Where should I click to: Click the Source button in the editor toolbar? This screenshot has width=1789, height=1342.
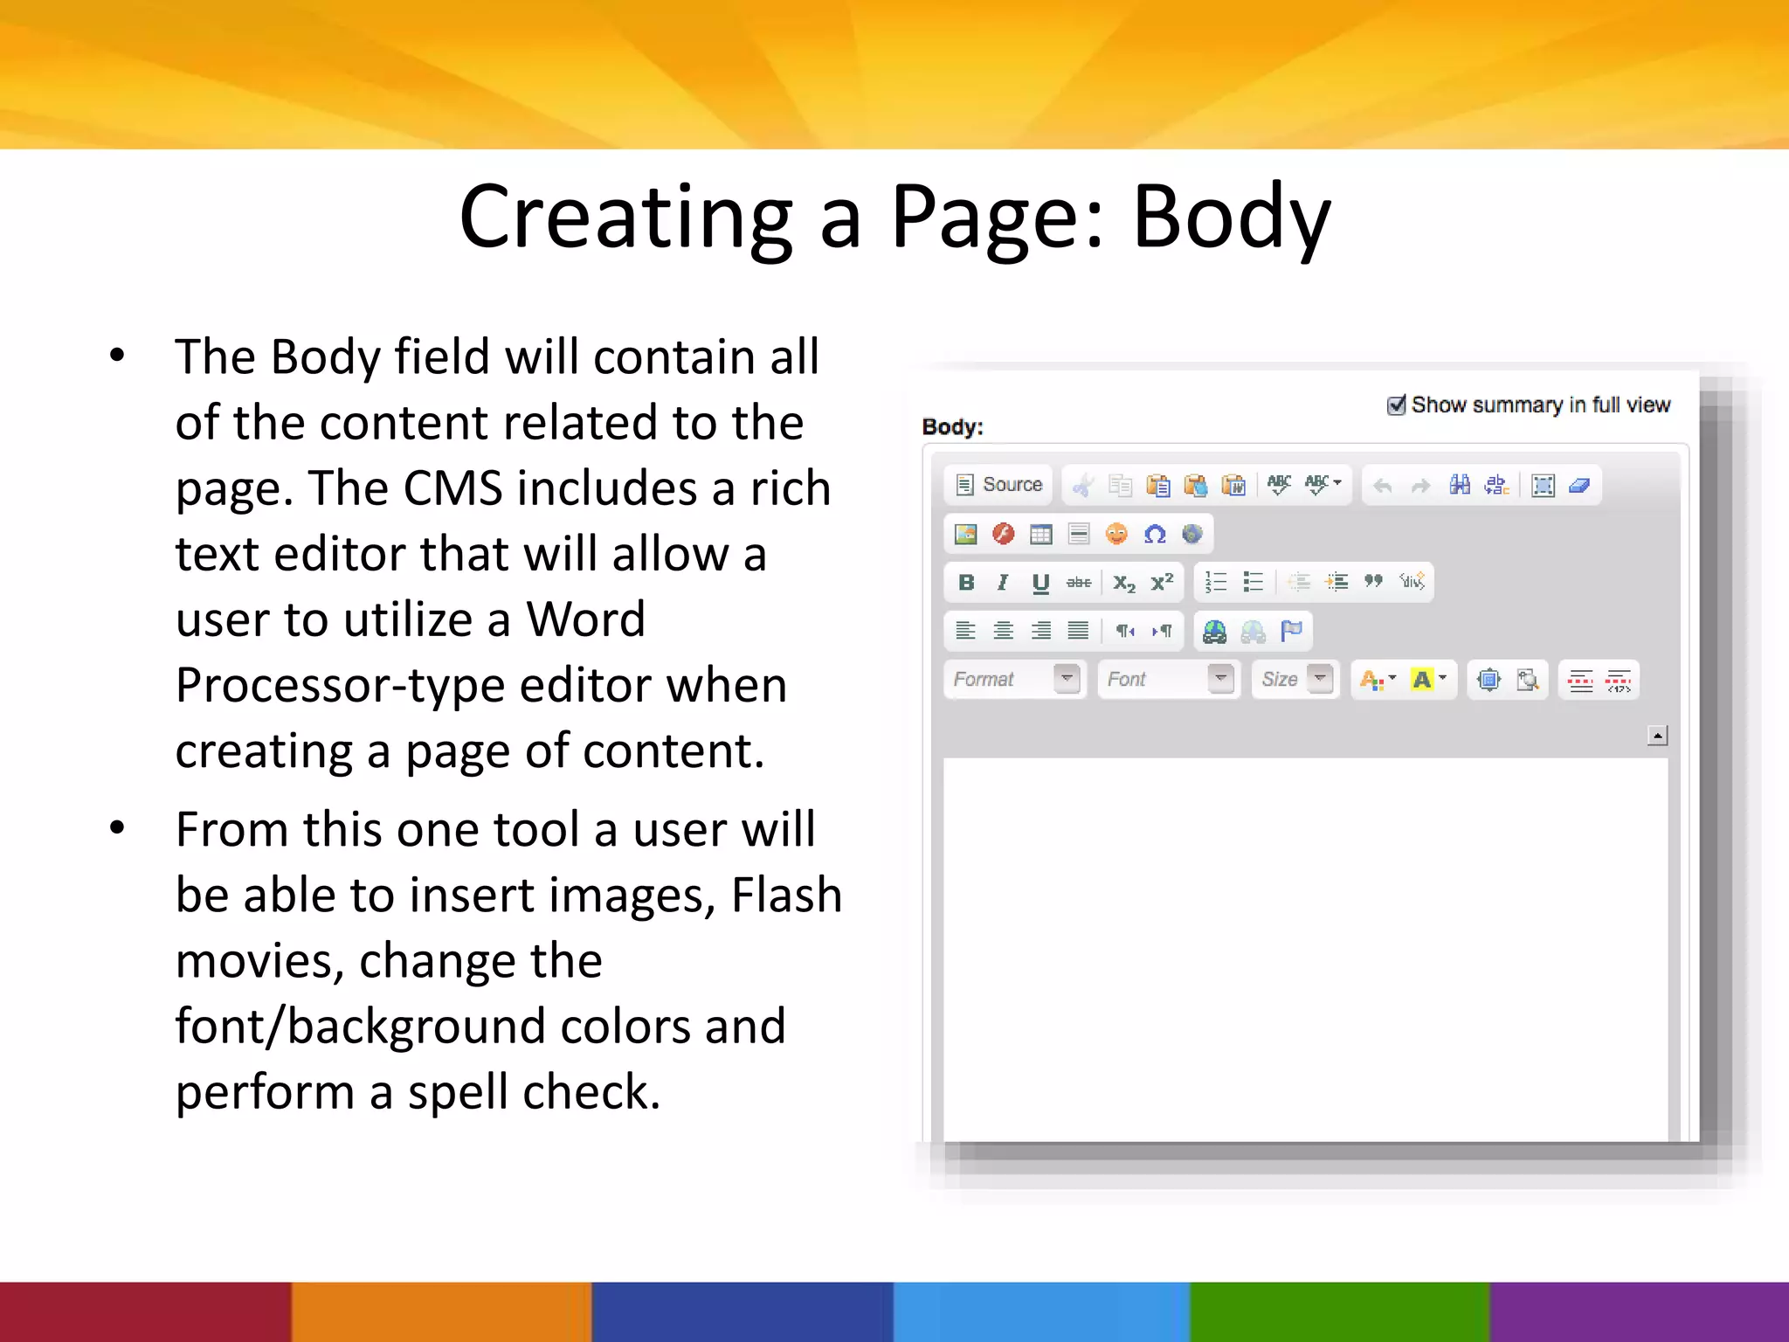click(x=999, y=485)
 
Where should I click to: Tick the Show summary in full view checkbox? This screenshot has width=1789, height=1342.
click(x=1396, y=405)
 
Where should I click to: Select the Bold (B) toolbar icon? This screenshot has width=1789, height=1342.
click(x=966, y=583)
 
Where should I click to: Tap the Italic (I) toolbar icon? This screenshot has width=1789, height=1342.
click(x=1003, y=583)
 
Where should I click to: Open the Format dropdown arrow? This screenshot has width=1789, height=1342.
click(x=1067, y=678)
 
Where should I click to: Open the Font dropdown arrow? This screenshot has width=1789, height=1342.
click(x=1220, y=678)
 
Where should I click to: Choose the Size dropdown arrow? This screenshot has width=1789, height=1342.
click(x=1320, y=678)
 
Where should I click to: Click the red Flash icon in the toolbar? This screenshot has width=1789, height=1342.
click(x=1004, y=534)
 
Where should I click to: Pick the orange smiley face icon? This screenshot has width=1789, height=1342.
click(x=1116, y=534)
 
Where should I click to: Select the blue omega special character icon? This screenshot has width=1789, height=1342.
click(x=1155, y=534)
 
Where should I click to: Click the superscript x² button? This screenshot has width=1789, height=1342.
click(x=1162, y=583)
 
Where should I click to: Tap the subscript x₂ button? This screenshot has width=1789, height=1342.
click(x=1124, y=583)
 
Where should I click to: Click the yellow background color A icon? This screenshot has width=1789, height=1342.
click(x=1423, y=679)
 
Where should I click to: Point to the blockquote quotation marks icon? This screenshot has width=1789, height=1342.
click(x=1374, y=581)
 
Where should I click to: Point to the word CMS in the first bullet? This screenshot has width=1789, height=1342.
click(x=452, y=488)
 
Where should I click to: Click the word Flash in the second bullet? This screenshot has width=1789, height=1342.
click(x=786, y=896)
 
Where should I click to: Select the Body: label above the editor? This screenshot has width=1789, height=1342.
click(x=952, y=427)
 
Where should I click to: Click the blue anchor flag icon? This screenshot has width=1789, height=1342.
click(x=1291, y=631)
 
